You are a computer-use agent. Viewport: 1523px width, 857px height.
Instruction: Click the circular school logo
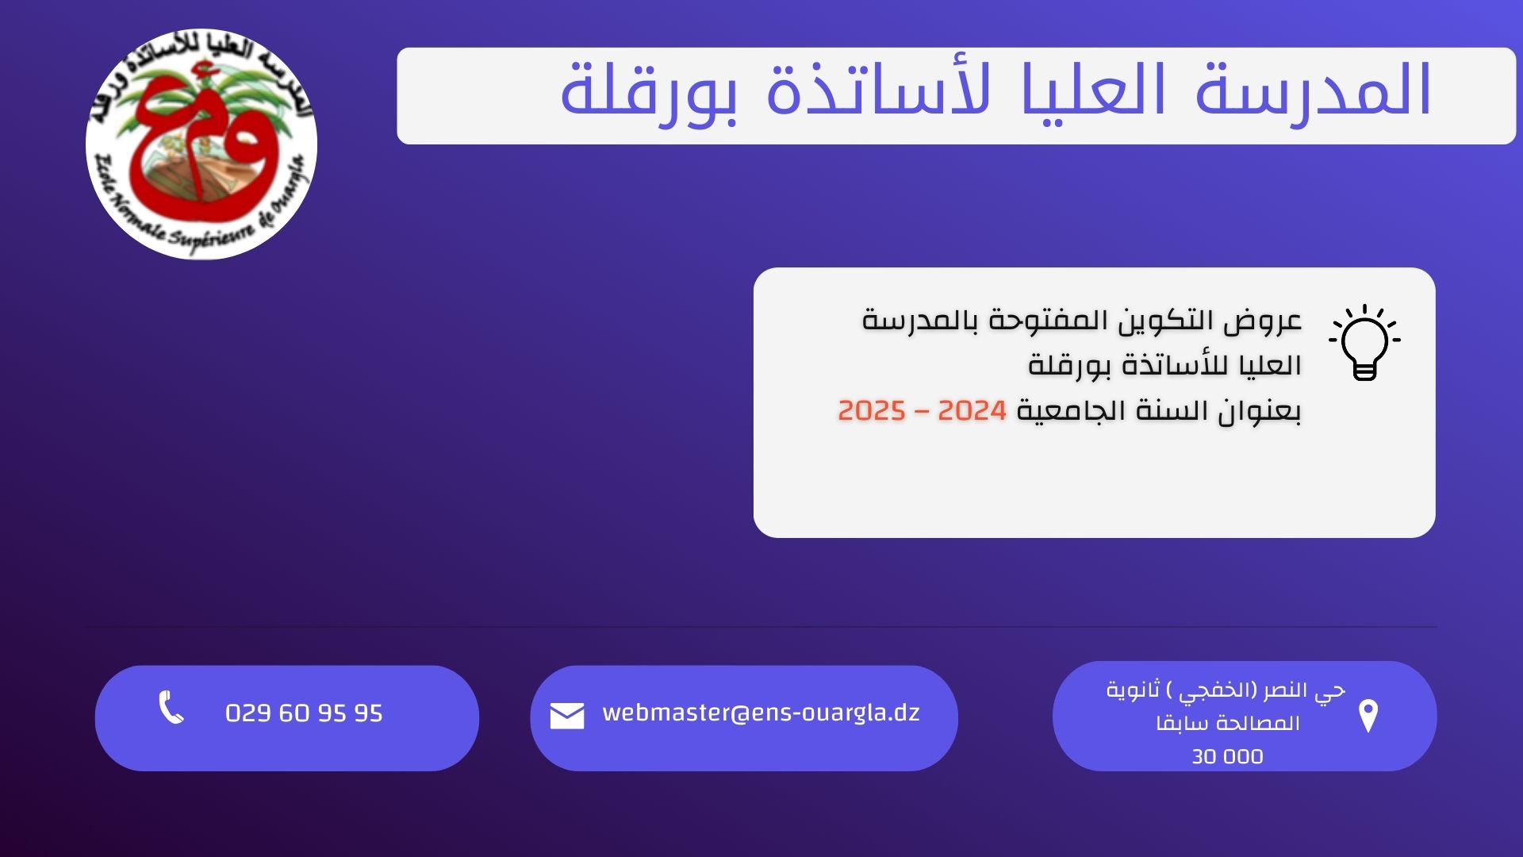pos(201,144)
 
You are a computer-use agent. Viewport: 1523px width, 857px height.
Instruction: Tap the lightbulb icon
pos(1364,342)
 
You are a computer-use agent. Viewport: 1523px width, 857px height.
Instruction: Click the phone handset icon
pos(171,707)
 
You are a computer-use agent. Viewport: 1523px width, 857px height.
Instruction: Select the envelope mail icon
pos(567,715)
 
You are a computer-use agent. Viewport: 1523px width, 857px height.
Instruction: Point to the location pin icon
pos(1368,716)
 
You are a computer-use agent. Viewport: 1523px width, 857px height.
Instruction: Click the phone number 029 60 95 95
pos(304,713)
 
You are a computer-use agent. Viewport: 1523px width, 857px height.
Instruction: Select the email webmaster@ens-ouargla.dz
pos(761,713)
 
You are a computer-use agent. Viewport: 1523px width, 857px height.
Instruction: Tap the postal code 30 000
pos(1227,756)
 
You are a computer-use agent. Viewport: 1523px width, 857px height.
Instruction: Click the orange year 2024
pos(972,411)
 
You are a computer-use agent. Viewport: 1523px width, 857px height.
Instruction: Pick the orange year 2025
pos(872,411)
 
